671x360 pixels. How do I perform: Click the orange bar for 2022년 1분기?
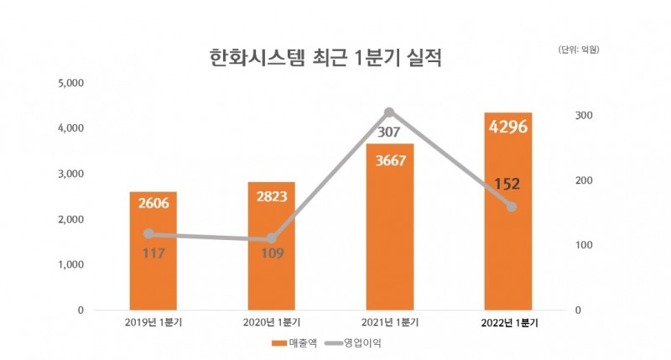click(508, 252)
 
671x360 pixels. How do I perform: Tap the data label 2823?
click(271, 198)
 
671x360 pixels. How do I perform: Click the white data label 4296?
click(508, 128)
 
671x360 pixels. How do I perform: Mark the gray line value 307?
click(390, 132)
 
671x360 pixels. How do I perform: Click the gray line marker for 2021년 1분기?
click(390, 112)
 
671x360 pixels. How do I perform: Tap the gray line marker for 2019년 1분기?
click(148, 234)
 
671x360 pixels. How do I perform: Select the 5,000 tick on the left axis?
click(69, 83)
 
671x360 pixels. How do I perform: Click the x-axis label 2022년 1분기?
click(509, 322)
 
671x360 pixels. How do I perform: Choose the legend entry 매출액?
click(289, 343)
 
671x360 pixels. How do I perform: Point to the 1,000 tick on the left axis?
click(69, 264)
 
